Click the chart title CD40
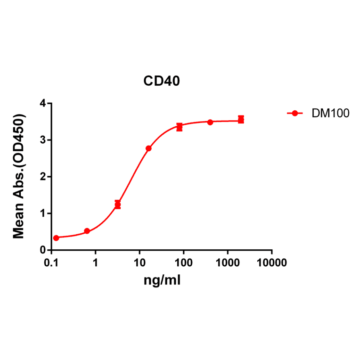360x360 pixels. tap(162, 81)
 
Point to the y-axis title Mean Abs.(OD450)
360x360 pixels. tap(19, 176)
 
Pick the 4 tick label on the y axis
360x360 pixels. tap(43, 103)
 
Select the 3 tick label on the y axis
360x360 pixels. tap(43, 140)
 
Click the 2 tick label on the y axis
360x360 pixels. tap(43, 177)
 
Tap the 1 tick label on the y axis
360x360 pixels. tap(43, 213)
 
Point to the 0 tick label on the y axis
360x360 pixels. tap(43, 250)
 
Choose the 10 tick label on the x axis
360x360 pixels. tap(139, 262)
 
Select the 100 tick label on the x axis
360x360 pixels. tap(184, 262)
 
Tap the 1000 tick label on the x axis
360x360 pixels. tap(228, 262)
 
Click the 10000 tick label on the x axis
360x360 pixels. tap(272, 262)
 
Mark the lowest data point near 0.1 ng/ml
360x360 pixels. tap(56, 238)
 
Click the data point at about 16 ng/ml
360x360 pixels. tap(148, 148)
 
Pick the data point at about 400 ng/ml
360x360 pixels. tap(210, 122)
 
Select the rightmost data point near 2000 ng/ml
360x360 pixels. tap(241, 120)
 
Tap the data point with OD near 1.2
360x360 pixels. tap(118, 205)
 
